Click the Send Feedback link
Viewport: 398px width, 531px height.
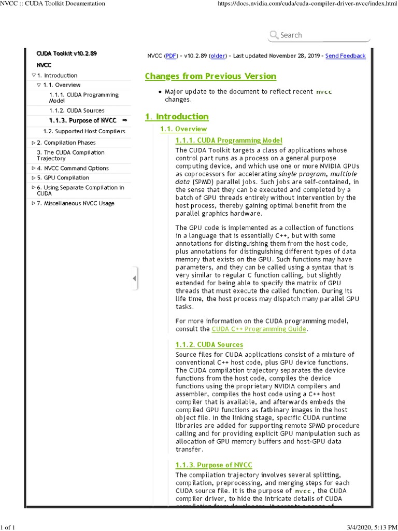345,56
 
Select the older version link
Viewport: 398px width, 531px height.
218,56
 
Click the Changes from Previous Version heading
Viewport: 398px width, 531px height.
210,76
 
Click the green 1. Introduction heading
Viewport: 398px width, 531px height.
177,117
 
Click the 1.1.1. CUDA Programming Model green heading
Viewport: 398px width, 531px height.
229,141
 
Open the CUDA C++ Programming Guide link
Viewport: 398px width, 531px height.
260,329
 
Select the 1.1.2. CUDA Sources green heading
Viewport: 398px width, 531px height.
209,345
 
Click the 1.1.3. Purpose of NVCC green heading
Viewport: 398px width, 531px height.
214,465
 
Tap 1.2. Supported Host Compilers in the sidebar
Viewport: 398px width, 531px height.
84,132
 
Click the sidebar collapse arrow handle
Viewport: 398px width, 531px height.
135,279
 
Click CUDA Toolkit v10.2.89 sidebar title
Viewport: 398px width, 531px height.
67,53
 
